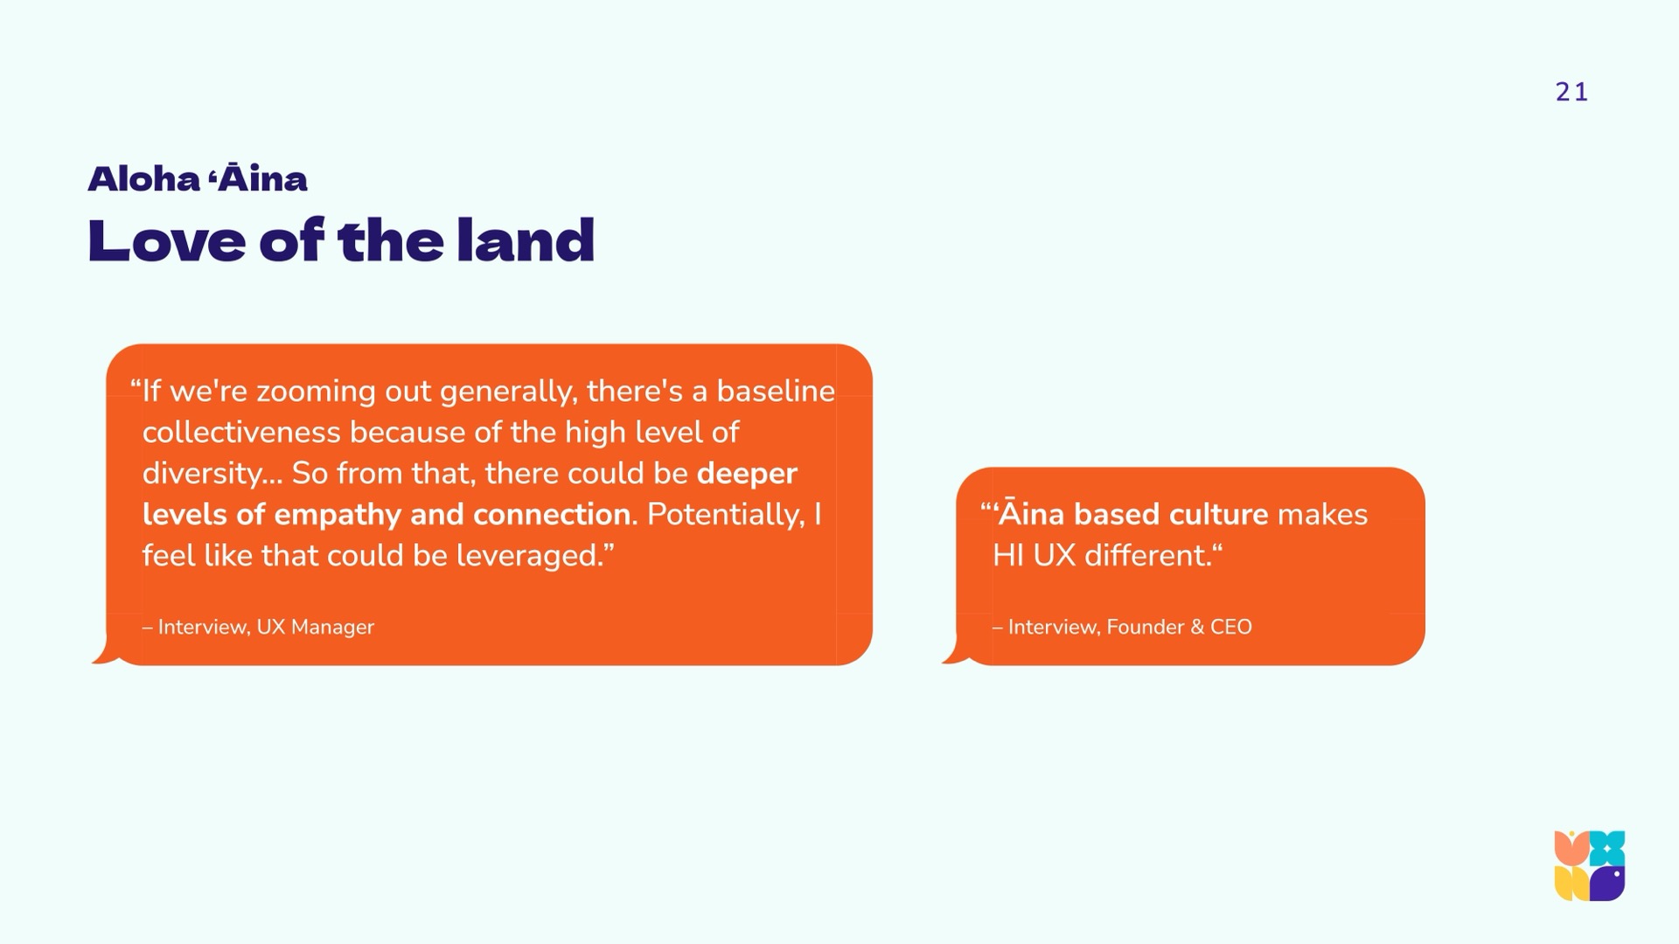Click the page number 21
1571,92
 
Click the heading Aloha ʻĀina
198,179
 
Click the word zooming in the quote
316,392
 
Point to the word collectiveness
241,432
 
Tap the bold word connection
552,514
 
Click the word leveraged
530,556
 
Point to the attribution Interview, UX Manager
258,627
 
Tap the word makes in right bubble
1322,514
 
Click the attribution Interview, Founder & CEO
1122,627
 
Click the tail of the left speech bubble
104,654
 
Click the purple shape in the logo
1607,884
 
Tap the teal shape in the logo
1607,848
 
